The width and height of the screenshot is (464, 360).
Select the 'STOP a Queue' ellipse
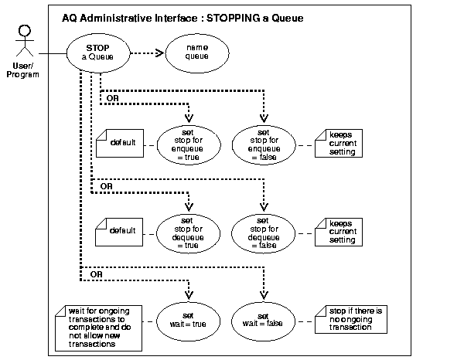(x=99, y=53)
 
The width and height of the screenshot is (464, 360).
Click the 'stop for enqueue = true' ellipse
(x=188, y=142)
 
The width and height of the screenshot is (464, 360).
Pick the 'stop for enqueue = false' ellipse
(x=264, y=142)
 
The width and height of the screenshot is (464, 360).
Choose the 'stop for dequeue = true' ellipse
(x=188, y=229)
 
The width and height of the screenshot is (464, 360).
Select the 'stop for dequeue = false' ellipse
(x=264, y=229)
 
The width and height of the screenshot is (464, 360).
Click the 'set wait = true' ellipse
(x=188, y=320)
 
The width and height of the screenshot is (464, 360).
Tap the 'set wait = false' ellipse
(x=264, y=320)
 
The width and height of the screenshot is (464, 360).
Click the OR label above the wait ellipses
(x=97, y=274)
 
